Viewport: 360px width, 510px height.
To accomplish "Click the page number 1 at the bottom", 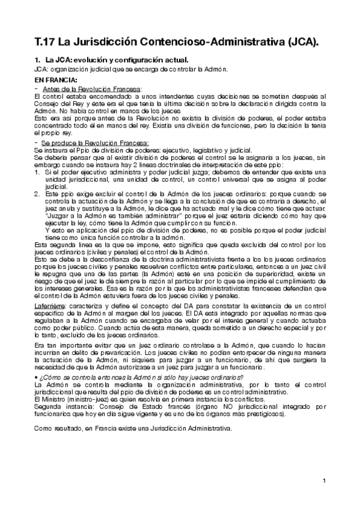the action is (323, 481).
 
